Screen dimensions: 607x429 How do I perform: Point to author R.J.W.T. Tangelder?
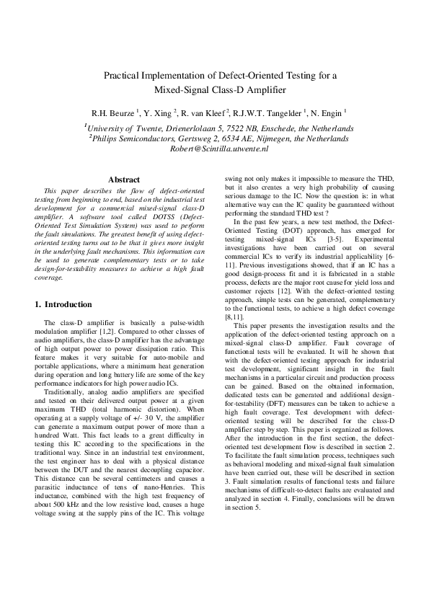(270, 113)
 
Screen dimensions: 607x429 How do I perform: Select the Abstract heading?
(123, 179)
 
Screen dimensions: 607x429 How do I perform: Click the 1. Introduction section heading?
(64, 305)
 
